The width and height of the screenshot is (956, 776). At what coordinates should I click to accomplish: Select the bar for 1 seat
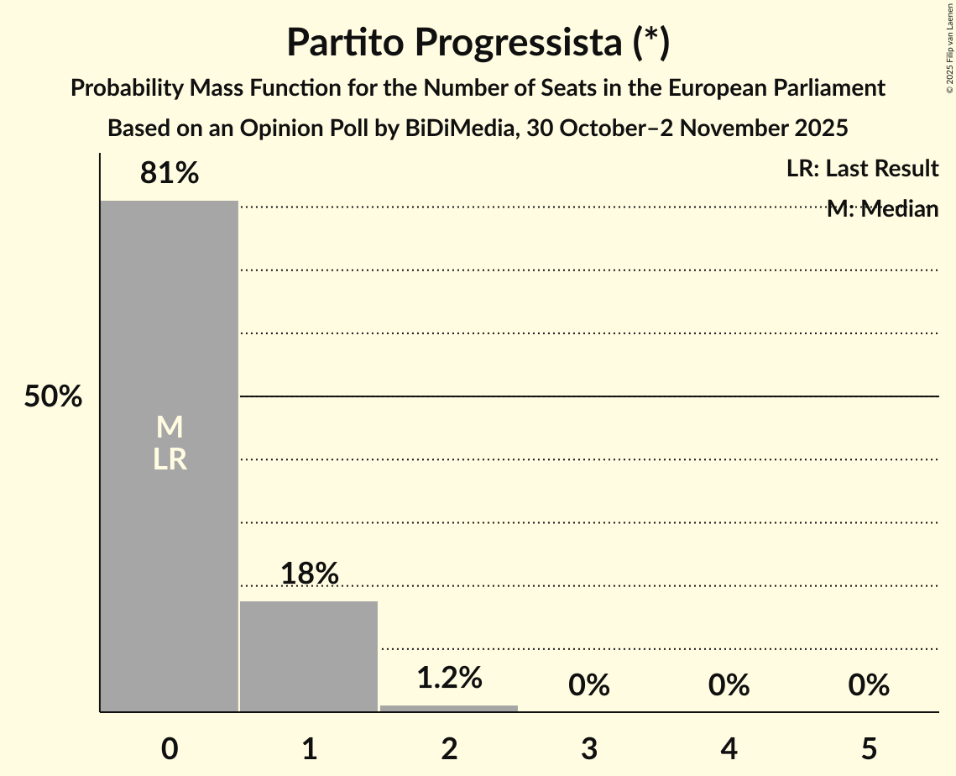(x=309, y=656)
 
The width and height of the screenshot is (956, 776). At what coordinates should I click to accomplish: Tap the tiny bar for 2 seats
(x=449, y=708)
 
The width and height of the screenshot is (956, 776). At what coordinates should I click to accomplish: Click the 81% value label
(x=170, y=174)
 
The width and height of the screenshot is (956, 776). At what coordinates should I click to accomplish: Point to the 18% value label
(x=309, y=574)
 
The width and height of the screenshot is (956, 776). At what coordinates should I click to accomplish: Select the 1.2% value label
(x=449, y=678)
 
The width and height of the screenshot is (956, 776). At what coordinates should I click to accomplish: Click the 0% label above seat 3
(x=588, y=685)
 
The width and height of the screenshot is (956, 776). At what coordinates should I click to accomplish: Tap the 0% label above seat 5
(x=868, y=685)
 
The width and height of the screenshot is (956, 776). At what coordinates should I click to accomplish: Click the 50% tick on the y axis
(x=53, y=396)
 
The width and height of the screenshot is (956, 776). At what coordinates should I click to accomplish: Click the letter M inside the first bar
(x=170, y=427)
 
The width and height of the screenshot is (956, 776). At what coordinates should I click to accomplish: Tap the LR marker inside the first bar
(x=170, y=459)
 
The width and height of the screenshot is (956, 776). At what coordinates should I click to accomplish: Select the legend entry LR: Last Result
(x=862, y=169)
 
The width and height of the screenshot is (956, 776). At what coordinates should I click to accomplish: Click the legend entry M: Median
(x=882, y=209)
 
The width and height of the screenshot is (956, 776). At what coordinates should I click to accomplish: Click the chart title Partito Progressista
(x=478, y=43)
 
